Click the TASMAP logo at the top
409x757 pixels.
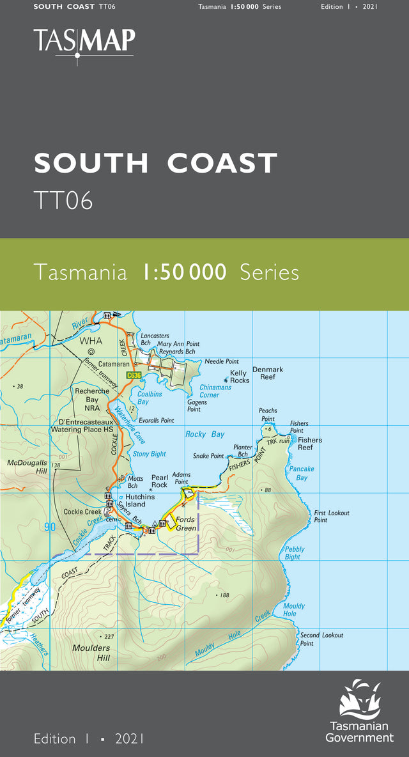(84, 41)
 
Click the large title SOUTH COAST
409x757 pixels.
(156, 164)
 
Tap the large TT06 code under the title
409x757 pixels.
(63, 200)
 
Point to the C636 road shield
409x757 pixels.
(133, 375)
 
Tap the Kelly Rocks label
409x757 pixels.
(239, 377)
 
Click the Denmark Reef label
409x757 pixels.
(267, 373)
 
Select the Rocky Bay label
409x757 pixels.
(204, 434)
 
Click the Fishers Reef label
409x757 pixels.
(310, 444)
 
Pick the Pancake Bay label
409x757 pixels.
(302, 473)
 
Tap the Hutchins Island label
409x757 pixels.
(140, 500)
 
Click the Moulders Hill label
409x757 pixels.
(91, 653)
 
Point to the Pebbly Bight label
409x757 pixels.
(293, 553)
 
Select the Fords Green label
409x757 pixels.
(186, 524)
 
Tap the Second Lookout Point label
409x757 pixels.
(321, 639)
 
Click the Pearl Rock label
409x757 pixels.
(159, 481)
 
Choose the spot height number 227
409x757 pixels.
(108, 636)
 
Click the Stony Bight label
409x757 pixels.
(149, 454)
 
